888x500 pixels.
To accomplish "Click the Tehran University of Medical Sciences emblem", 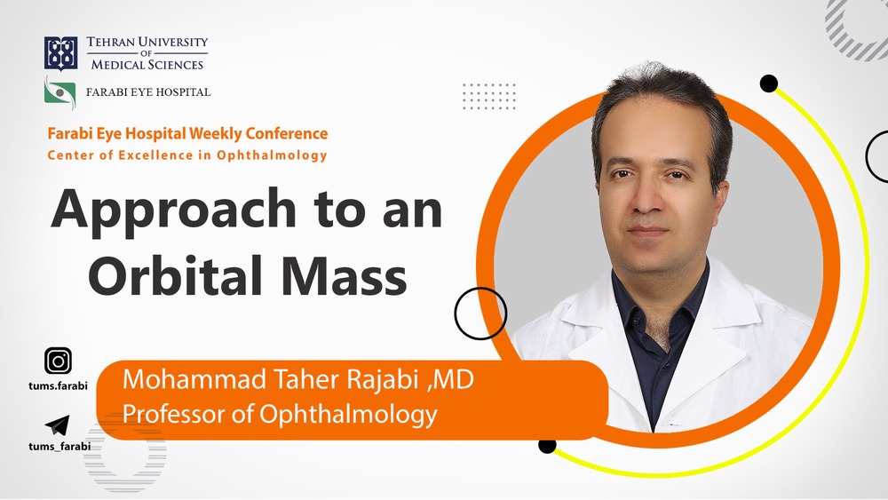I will click(x=60, y=53).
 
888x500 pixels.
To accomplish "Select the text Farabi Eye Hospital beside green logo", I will click(x=147, y=91).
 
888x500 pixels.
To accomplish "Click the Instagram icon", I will click(x=59, y=361).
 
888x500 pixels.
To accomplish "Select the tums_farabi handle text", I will click(x=59, y=446).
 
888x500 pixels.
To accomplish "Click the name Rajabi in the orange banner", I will click(x=384, y=382).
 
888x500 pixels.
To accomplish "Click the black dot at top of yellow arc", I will click(x=769, y=84).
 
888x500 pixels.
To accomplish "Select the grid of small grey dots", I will click(x=489, y=96).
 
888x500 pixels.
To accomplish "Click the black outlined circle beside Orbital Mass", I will click(x=480, y=313).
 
